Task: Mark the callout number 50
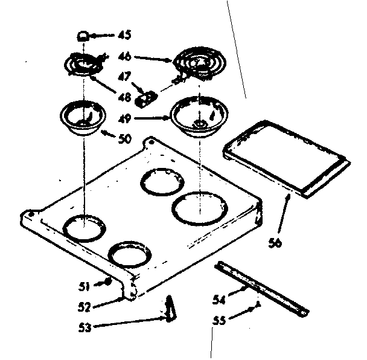pyautogui.click(x=124, y=138)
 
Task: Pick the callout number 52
pyautogui.click(x=84, y=306)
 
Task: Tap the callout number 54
pyautogui.click(x=220, y=299)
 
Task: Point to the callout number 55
pyautogui.click(x=221, y=321)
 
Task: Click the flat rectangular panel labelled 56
pyautogui.click(x=287, y=157)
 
